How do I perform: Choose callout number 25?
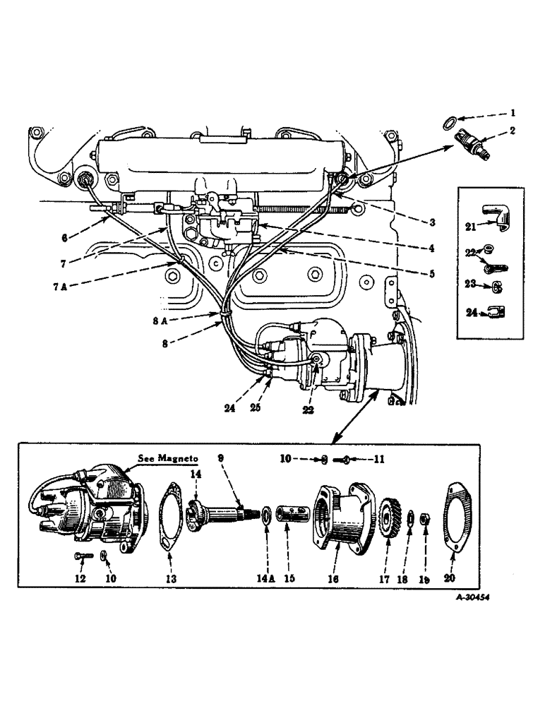click(x=273, y=409)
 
